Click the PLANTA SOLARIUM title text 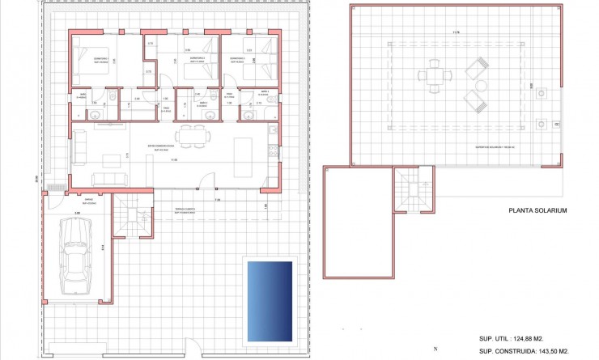click(x=537, y=210)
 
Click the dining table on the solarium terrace click(x=435, y=77)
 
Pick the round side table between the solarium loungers click(x=481, y=85)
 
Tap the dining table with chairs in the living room click(x=193, y=134)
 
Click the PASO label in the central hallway click(x=166, y=107)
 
